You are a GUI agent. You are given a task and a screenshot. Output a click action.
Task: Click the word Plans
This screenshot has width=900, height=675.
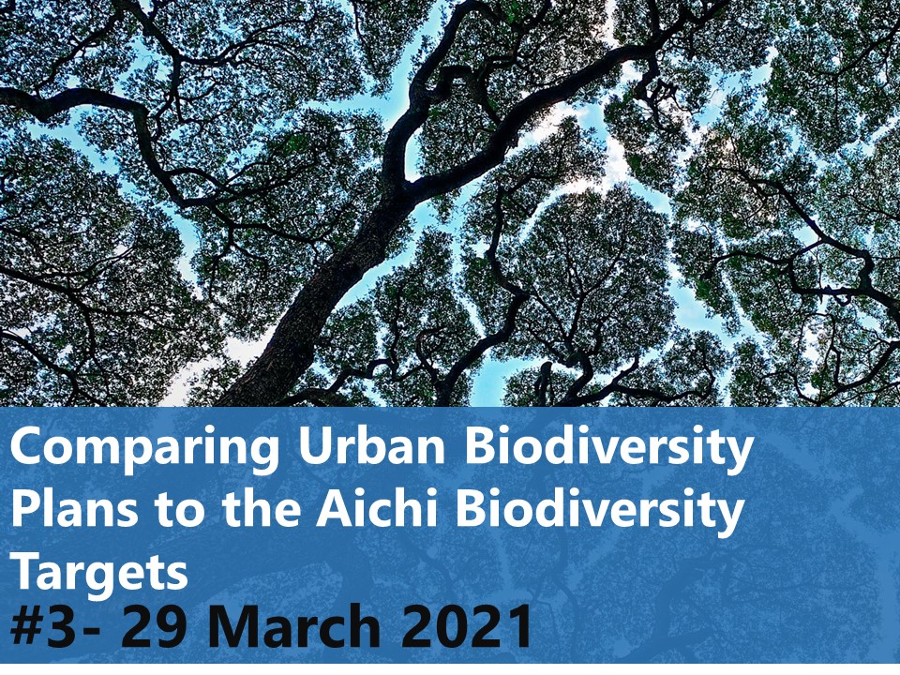click(75, 508)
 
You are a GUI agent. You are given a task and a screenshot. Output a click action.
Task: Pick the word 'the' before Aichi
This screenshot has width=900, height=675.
click(262, 508)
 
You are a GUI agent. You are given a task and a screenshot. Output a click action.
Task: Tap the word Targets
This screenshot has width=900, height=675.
click(99, 571)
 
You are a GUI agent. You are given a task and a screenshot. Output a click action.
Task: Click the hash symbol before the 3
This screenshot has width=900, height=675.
click(30, 625)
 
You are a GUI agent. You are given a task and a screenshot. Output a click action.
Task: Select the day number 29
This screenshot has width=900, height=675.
click(153, 625)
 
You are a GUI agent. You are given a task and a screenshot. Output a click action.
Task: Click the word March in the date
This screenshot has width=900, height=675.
click(293, 624)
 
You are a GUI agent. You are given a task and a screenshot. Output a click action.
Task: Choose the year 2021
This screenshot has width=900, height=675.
click(467, 625)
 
